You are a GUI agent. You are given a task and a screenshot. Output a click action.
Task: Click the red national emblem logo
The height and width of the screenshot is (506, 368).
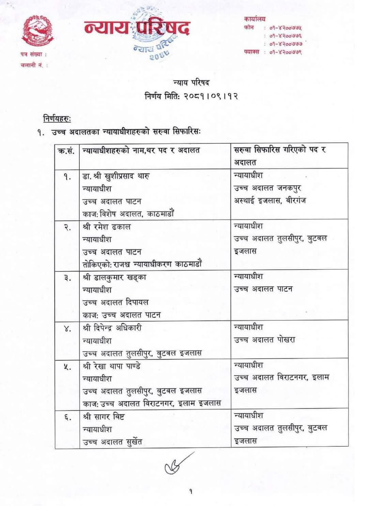point(37,31)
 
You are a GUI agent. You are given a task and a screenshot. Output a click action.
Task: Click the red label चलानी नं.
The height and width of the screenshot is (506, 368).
point(33,65)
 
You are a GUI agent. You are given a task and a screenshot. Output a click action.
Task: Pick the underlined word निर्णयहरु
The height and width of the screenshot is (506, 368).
point(56,119)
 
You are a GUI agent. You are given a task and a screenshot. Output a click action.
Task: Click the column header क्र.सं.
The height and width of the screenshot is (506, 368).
point(67,150)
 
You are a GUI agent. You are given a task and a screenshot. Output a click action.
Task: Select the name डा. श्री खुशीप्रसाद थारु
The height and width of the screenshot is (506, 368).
point(116,176)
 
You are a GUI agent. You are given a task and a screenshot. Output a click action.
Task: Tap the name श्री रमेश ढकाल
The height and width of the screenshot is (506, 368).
point(107,227)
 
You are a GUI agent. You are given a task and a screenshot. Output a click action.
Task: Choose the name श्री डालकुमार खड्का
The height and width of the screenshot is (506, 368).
point(114,277)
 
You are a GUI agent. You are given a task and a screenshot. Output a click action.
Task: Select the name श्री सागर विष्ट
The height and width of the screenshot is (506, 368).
point(104,416)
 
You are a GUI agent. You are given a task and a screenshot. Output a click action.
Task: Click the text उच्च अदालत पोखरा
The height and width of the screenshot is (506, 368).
point(264,340)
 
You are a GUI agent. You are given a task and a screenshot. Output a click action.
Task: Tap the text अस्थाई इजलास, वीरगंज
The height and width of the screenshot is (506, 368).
point(270,201)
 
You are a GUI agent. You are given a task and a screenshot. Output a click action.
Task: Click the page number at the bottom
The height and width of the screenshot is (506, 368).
point(190,491)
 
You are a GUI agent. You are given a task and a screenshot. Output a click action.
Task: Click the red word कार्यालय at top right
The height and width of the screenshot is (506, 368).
point(255,19)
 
